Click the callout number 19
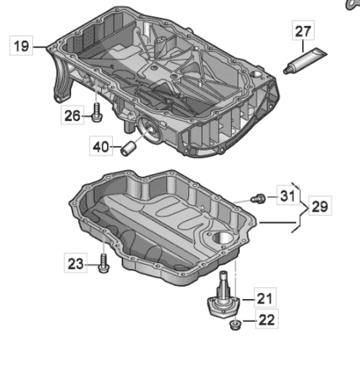[x=22, y=46]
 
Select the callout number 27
[x=303, y=31]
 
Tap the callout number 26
[x=72, y=116]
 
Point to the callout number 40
[x=101, y=147]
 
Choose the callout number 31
[x=288, y=196]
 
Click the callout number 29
[x=320, y=206]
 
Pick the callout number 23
[x=76, y=264]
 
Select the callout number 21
[x=265, y=298]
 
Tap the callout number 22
[x=267, y=320]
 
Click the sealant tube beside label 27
[x=305, y=61]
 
